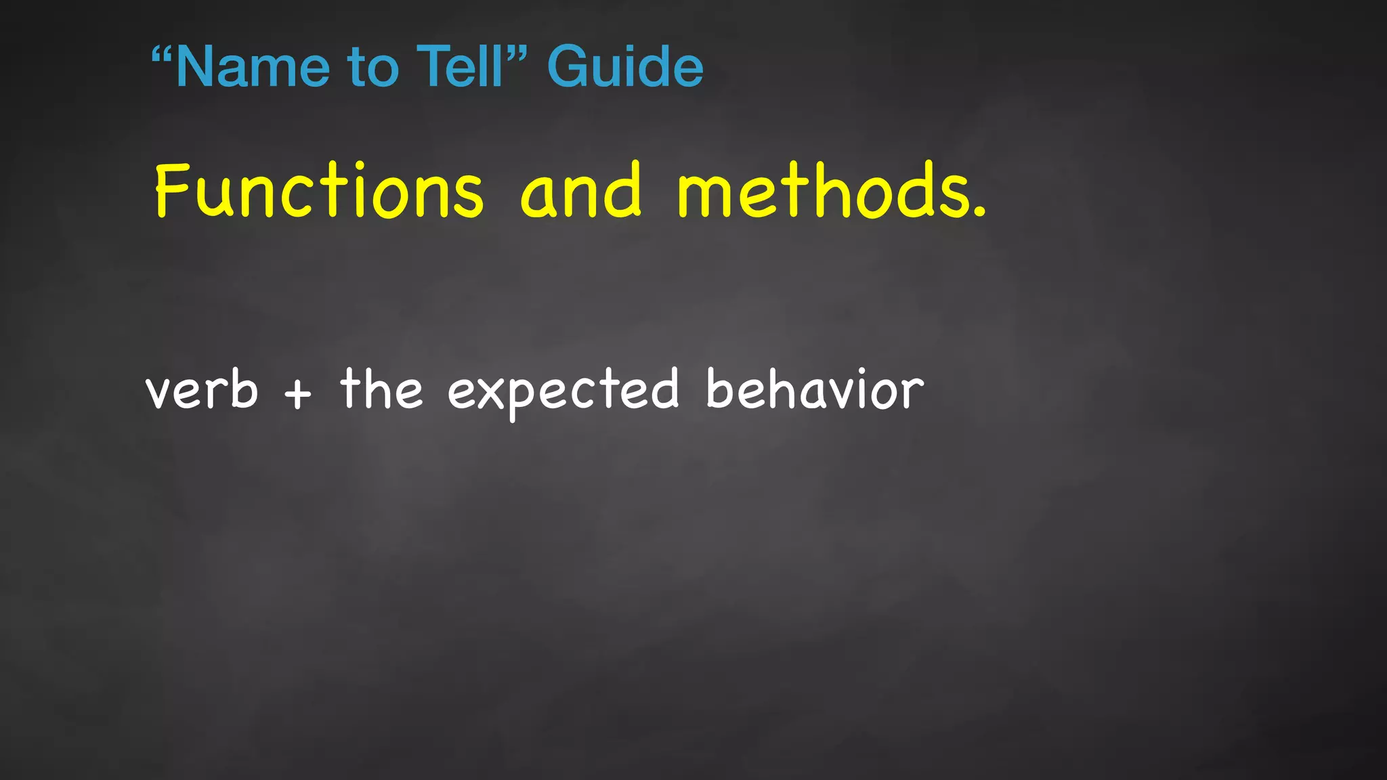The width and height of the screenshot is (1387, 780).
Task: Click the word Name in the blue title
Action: pos(251,68)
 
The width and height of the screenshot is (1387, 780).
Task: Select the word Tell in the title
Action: pos(460,66)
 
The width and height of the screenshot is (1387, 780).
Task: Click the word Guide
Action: pos(625,66)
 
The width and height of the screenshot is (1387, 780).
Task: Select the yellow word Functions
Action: pos(319,191)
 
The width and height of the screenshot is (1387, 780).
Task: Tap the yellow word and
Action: pos(580,191)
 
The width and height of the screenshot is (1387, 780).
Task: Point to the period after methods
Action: pos(979,213)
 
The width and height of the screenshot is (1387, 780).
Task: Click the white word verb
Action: pos(202,391)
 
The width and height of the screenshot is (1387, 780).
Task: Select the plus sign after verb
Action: pos(298,393)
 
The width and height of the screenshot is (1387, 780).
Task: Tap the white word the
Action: pos(381,389)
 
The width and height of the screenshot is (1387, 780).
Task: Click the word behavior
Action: pos(815,389)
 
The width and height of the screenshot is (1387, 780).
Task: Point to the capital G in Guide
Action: pos(568,66)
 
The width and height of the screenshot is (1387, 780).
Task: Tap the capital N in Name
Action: pos(196,66)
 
